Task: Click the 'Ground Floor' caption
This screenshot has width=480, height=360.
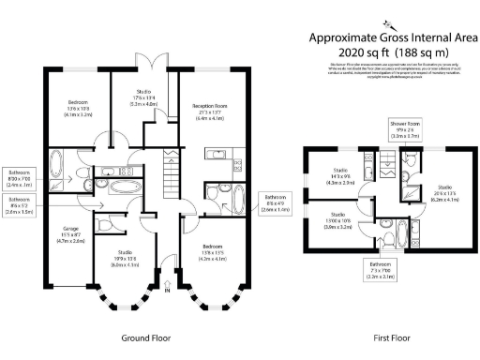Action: pos(144,337)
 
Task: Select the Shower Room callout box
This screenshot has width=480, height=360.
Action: pos(405,129)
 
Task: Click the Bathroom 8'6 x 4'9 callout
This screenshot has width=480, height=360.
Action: pos(272,203)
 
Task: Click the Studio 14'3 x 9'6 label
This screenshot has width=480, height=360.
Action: pos(339,177)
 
